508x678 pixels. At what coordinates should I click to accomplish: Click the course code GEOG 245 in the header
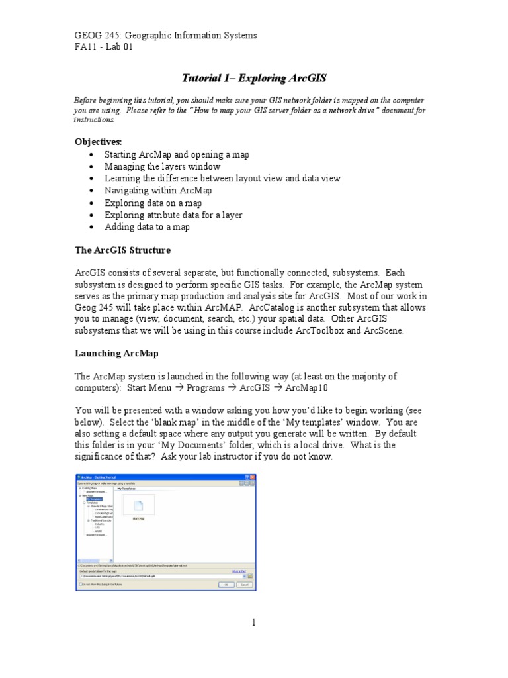pos(96,36)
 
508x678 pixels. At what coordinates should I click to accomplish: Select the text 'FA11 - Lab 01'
pos(103,48)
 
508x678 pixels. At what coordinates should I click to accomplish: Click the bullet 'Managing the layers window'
pos(162,167)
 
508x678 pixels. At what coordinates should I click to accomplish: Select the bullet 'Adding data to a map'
pos(147,227)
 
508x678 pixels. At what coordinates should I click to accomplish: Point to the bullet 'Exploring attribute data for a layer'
pos(173,215)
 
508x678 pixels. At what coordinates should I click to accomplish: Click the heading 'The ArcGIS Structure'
pos(122,250)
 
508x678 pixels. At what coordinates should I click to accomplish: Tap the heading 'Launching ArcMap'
pos(116,354)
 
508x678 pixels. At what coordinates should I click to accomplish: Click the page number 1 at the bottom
pos(253,622)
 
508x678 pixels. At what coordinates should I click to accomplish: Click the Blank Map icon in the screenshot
pos(138,506)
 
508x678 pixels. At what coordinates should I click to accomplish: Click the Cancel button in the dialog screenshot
pos(244,585)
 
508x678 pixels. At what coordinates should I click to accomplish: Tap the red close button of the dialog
pos(252,477)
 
